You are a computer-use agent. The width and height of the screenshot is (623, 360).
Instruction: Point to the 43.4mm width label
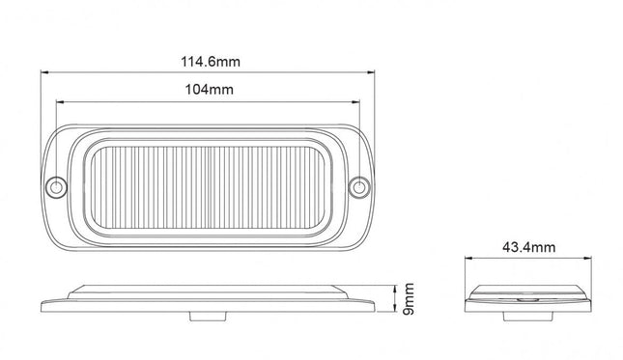click(527, 248)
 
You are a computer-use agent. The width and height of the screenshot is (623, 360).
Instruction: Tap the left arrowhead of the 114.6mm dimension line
click(44, 72)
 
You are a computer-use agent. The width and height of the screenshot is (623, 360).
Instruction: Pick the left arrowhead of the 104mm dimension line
click(60, 100)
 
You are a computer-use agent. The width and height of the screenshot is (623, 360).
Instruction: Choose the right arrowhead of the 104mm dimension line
click(358, 100)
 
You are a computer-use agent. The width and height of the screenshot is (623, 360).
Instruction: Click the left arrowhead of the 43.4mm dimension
click(467, 259)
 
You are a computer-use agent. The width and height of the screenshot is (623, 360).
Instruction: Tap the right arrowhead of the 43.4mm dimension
click(588, 259)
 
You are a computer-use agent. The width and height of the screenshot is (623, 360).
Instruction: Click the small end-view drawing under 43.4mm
click(527, 297)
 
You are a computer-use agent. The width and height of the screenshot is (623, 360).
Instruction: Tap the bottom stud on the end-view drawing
click(527, 313)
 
